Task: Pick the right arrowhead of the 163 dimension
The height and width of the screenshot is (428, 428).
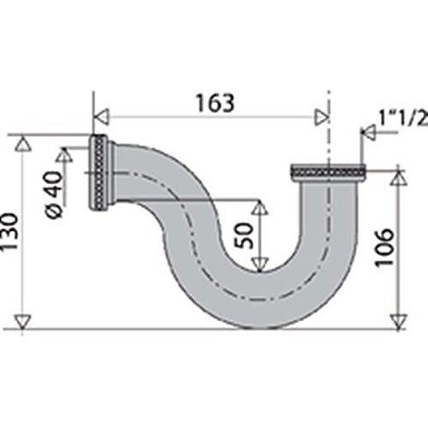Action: click(322, 116)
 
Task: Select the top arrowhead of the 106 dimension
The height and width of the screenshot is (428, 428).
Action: click(397, 177)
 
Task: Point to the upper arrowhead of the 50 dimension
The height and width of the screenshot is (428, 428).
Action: click(259, 208)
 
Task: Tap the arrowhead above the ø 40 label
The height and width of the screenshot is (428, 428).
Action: click(64, 156)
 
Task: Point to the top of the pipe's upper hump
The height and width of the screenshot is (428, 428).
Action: click(150, 144)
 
